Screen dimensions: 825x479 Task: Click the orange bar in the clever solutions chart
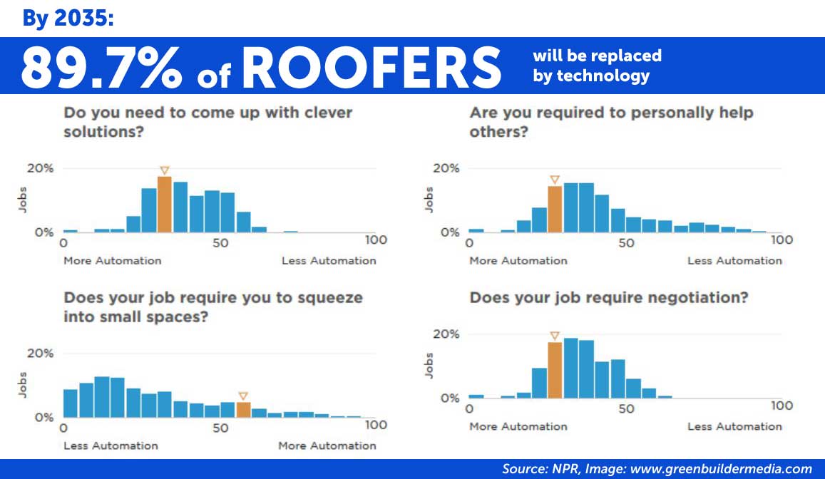click(x=164, y=204)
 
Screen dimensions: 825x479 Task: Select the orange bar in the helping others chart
click(x=555, y=209)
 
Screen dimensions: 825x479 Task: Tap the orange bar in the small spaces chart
click(x=243, y=410)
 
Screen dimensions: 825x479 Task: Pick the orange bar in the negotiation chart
click(x=555, y=370)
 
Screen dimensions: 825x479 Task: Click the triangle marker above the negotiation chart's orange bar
click(x=555, y=336)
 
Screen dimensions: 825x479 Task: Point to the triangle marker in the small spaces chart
click(x=243, y=396)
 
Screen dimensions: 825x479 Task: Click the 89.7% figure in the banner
click(x=101, y=68)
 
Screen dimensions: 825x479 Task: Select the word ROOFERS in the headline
click(x=371, y=68)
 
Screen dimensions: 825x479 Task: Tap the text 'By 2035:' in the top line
click(x=68, y=19)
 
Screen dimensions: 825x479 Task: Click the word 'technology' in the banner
click(x=603, y=76)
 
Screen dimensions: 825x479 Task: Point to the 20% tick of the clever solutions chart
click(x=41, y=168)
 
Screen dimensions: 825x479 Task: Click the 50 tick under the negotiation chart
click(x=626, y=408)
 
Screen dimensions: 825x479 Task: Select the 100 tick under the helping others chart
click(x=782, y=239)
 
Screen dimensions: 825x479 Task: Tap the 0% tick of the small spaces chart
click(x=44, y=418)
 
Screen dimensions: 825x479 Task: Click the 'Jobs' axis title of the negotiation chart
click(x=429, y=366)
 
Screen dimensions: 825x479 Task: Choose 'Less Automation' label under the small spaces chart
click(x=111, y=446)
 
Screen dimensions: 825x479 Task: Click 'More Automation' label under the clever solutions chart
click(x=113, y=261)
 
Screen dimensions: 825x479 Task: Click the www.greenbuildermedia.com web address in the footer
click(x=721, y=469)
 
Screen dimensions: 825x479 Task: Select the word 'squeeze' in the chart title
click(x=330, y=299)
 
